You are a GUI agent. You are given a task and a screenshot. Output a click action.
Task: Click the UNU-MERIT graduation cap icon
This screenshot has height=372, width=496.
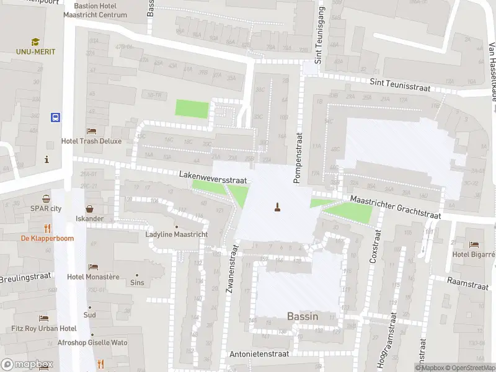tap(35, 42)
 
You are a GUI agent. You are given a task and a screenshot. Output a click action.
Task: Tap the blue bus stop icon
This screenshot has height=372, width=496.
tap(55, 117)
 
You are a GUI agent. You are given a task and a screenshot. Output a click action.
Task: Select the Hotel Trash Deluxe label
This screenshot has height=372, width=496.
tap(91, 141)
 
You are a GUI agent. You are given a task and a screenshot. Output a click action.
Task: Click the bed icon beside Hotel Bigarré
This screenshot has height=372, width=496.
tap(474, 244)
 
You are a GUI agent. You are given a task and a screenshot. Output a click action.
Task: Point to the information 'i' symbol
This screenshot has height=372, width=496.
tap(46, 159)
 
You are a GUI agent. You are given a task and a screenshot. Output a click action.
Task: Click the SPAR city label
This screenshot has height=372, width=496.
tap(46, 208)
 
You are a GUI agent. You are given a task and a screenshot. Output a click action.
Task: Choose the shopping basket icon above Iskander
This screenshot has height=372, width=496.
tap(90, 209)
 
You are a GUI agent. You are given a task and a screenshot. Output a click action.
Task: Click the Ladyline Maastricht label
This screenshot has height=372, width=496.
tap(176, 234)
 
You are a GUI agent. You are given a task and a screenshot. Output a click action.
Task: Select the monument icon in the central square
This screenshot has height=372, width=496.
tap(277, 206)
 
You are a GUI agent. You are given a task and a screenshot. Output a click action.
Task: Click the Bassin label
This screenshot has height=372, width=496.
tap(303, 316)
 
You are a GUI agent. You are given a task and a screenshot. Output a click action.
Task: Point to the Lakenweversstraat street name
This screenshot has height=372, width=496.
tap(214, 179)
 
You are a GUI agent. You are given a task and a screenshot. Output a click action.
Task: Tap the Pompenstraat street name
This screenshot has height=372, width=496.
tap(296, 157)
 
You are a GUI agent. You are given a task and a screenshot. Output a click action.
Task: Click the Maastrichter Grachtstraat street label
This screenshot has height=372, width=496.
tap(395, 207)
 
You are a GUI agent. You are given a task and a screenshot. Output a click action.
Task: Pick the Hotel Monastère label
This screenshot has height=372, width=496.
tap(93, 277)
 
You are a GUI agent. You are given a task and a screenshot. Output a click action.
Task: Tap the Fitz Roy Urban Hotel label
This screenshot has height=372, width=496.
tap(43, 328)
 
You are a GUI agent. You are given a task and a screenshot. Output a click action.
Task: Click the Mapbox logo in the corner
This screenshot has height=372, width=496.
tap(27, 364)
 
